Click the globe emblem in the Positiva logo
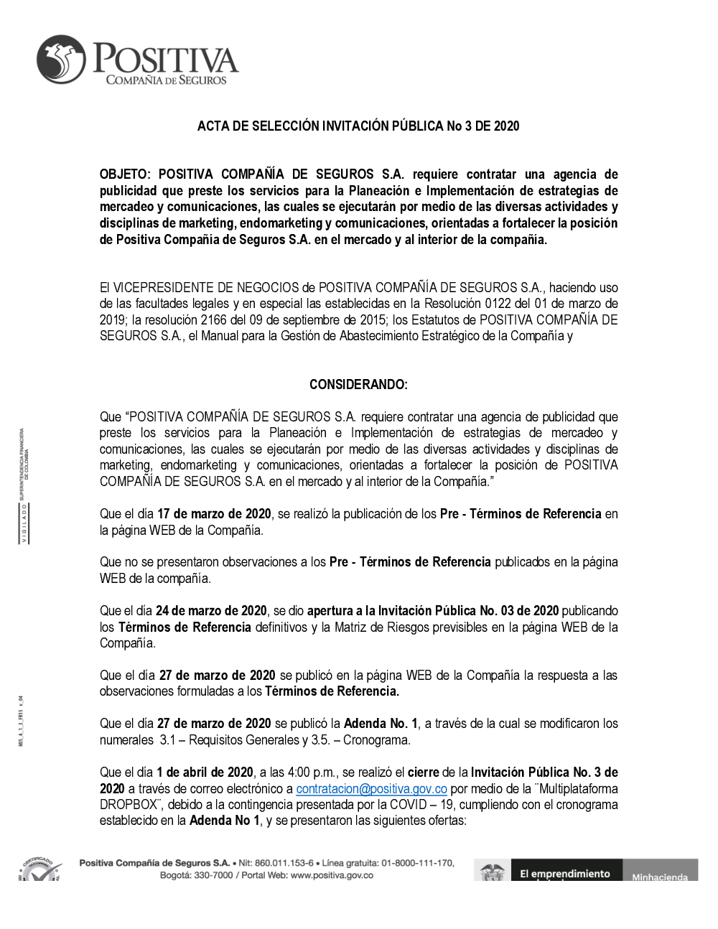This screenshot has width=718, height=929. point(62,60)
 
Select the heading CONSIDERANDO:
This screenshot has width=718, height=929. point(358,385)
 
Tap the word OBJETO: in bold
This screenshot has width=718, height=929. point(126,174)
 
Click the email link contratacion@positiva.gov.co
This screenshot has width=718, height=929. point(371,789)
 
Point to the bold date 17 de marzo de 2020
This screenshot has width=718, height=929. point(214,514)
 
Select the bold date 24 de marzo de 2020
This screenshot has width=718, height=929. point(211,611)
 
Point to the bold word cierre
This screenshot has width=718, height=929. point(424,772)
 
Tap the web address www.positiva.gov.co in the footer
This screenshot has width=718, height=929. point(332,875)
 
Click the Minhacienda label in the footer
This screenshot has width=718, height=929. point(659,877)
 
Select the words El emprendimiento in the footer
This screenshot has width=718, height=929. point(565,874)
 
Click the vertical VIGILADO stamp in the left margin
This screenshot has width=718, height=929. point(23,523)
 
